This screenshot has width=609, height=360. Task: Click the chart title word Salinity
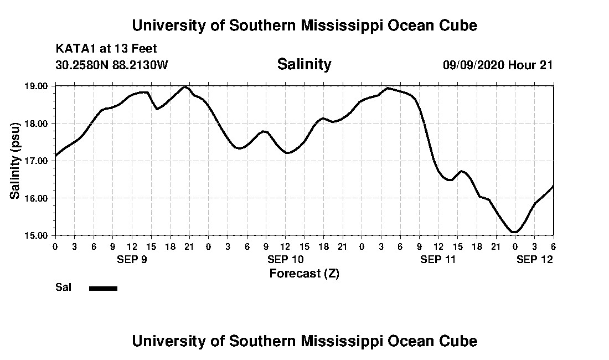coord(304,64)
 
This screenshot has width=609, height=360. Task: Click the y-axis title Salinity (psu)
coord(15,161)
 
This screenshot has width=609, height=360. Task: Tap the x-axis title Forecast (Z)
coord(304,273)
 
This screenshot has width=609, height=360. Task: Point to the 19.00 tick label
coord(37,86)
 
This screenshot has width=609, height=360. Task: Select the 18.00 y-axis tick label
coord(37,123)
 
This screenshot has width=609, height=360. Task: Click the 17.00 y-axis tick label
coord(37,161)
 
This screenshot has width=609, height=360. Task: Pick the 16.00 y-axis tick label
coord(37,198)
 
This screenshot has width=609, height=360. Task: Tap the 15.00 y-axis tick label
coord(37,235)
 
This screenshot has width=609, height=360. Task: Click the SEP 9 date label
coord(131,259)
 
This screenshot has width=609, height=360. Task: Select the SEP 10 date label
coord(285,259)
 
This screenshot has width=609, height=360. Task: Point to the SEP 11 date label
coord(438,259)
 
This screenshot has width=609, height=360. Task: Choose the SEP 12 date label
coord(535,259)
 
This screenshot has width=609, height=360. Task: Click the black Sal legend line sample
coord(103,288)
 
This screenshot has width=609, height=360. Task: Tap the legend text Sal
coord(62,287)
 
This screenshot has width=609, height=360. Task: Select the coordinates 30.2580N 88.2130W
coord(111,65)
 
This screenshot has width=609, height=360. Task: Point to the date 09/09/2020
coord(473,65)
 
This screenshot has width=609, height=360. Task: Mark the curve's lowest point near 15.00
coord(514,232)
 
